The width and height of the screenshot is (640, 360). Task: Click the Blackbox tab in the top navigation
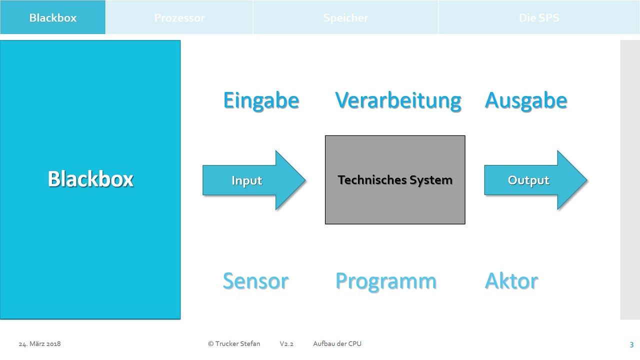(x=52, y=17)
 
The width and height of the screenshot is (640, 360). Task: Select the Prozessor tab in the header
(x=179, y=17)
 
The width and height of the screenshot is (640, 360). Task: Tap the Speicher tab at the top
(x=345, y=17)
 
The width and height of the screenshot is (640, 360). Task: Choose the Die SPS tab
(x=538, y=17)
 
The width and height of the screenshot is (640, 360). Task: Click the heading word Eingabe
(x=260, y=100)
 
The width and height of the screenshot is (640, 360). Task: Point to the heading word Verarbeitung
(x=398, y=100)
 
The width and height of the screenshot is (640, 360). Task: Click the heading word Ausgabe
(x=526, y=100)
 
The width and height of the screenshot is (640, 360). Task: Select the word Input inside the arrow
(x=246, y=180)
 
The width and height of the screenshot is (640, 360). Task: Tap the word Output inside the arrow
(x=528, y=180)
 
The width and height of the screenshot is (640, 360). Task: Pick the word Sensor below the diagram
(x=255, y=281)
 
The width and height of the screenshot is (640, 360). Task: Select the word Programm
(x=385, y=281)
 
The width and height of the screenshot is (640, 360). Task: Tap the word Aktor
(x=511, y=281)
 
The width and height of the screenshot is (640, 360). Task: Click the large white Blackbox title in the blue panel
(x=90, y=179)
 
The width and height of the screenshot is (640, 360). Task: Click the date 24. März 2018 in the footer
(x=39, y=344)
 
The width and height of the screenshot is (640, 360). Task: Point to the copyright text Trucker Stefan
(x=234, y=344)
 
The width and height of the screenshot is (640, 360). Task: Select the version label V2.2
(x=286, y=344)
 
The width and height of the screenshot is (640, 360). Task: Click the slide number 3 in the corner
(x=631, y=344)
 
